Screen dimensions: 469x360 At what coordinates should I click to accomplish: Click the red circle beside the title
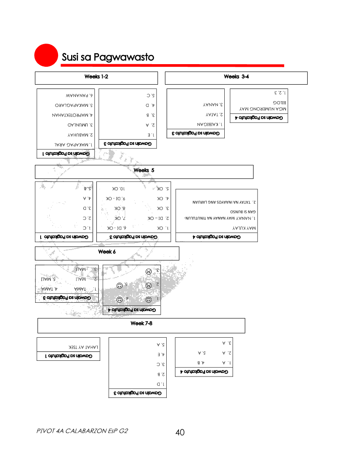(x=46, y=56)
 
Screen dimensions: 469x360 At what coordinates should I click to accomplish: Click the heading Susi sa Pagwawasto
(x=108, y=57)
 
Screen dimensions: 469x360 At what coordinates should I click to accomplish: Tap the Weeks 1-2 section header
(x=96, y=77)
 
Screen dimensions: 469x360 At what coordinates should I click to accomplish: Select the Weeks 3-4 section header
(x=236, y=77)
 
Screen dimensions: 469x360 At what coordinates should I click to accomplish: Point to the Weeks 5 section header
(x=144, y=171)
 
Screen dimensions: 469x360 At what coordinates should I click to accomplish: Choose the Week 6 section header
(x=107, y=252)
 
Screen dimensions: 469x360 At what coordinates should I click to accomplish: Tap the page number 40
(x=180, y=432)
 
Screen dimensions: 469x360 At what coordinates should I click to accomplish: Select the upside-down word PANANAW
(x=79, y=94)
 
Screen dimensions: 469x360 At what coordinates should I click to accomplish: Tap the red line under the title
(x=172, y=65)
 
